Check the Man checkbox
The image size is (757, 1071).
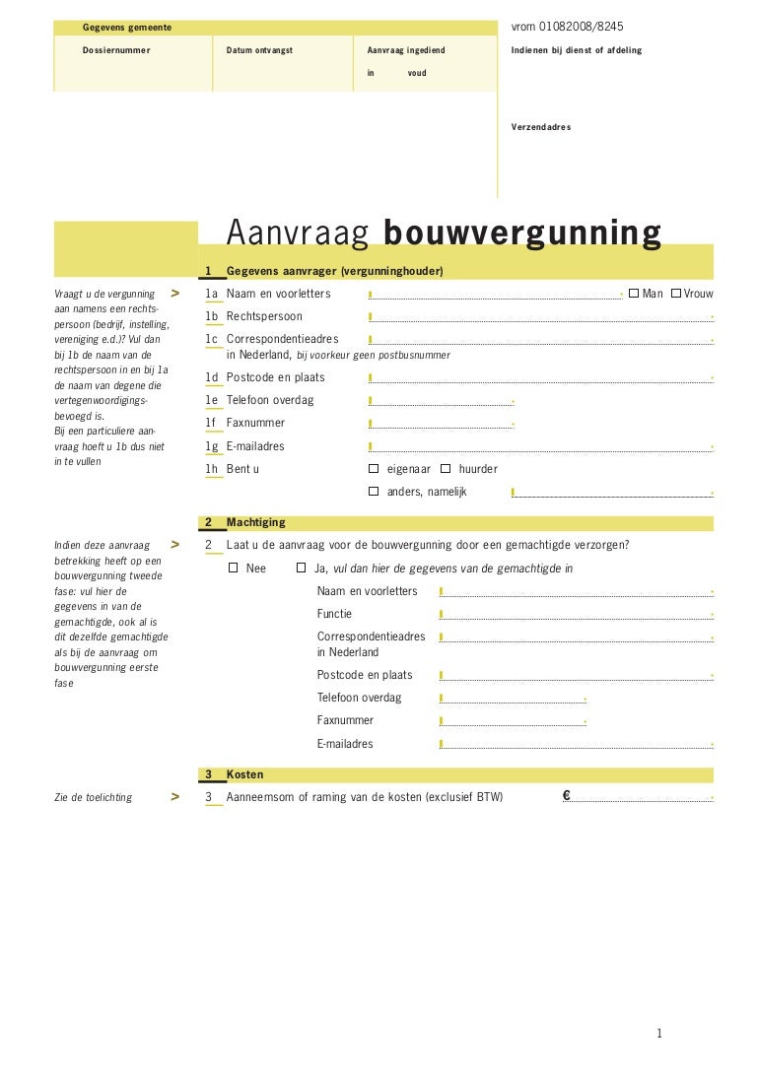click(634, 293)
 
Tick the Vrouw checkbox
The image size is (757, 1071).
click(676, 293)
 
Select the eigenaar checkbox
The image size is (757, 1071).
click(374, 469)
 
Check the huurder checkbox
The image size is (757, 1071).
click(446, 469)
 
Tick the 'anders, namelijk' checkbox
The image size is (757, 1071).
click(374, 491)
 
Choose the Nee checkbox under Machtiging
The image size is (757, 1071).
click(234, 569)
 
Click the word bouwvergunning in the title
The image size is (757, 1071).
click(521, 233)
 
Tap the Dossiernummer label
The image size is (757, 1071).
click(116, 49)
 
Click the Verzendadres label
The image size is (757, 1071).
click(541, 127)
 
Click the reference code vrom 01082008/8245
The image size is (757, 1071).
click(568, 27)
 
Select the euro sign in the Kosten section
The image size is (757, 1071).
click(568, 796)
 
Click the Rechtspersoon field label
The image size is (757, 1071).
click(264, 316)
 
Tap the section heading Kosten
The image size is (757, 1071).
click(244, 774)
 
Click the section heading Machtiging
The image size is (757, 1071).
click(255, 522)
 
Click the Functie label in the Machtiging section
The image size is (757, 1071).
click(334, 614)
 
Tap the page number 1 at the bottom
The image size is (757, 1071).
click(659, 1034)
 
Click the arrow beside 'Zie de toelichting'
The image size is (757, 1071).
click(174, 796)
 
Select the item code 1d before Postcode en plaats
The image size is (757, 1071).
click(212, 377)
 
